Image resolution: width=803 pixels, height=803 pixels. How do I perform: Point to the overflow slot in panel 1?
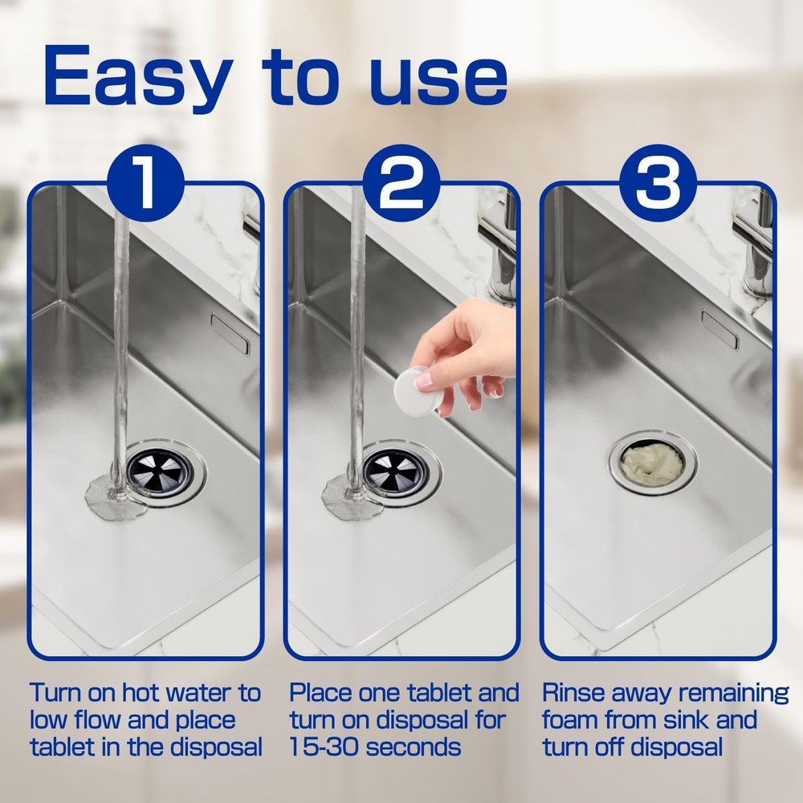click(x=230, y=333)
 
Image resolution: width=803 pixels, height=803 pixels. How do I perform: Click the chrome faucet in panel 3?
click(x=752, y=241)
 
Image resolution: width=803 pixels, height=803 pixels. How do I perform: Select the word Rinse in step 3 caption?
click(x=576, y=692)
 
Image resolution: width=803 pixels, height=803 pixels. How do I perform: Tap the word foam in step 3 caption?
click(x=572, y=719)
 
